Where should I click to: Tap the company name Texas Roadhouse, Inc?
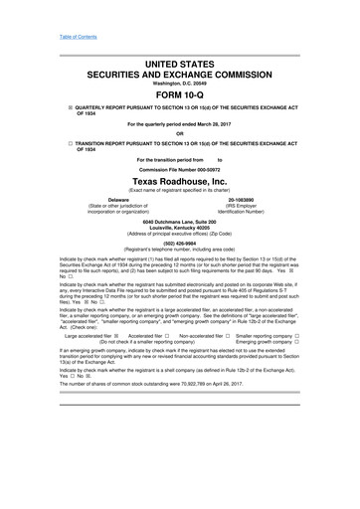pos(179,183)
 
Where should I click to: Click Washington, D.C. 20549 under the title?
pos(179,82)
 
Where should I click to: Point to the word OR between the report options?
pos(179,134)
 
